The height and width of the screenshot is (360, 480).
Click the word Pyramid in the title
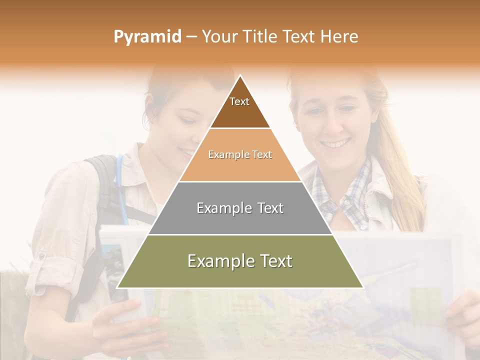click(x=147, y=36)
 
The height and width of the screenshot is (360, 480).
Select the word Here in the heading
click(x=339, y=36)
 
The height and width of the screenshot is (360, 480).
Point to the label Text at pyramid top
click(x=239, y=101)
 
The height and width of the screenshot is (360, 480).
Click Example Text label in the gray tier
click(x=240, y=208)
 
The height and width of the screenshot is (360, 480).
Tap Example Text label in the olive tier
click(x=240, y=261)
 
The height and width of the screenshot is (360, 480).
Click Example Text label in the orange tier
click(x=240, y=154)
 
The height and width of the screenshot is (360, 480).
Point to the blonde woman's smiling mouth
click(x=335, y=144)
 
